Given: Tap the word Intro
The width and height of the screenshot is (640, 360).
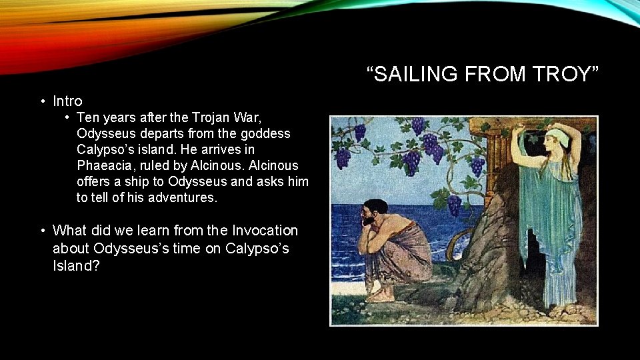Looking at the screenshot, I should tap(67, 101).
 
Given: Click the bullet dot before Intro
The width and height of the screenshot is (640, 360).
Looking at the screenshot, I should tap(42, 101).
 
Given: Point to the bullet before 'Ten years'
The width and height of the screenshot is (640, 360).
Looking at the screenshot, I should tap(68, 118).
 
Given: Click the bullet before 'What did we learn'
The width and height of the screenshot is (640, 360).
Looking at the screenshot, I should tap(42, 231).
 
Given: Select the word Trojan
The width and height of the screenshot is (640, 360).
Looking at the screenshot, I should tap(235, 118).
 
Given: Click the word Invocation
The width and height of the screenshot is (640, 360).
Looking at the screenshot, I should tap(265, 231).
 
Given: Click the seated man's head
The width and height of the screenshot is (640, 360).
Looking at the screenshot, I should tap(371, 212).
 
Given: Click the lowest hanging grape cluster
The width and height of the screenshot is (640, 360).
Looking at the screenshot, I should tap(453, 205).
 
